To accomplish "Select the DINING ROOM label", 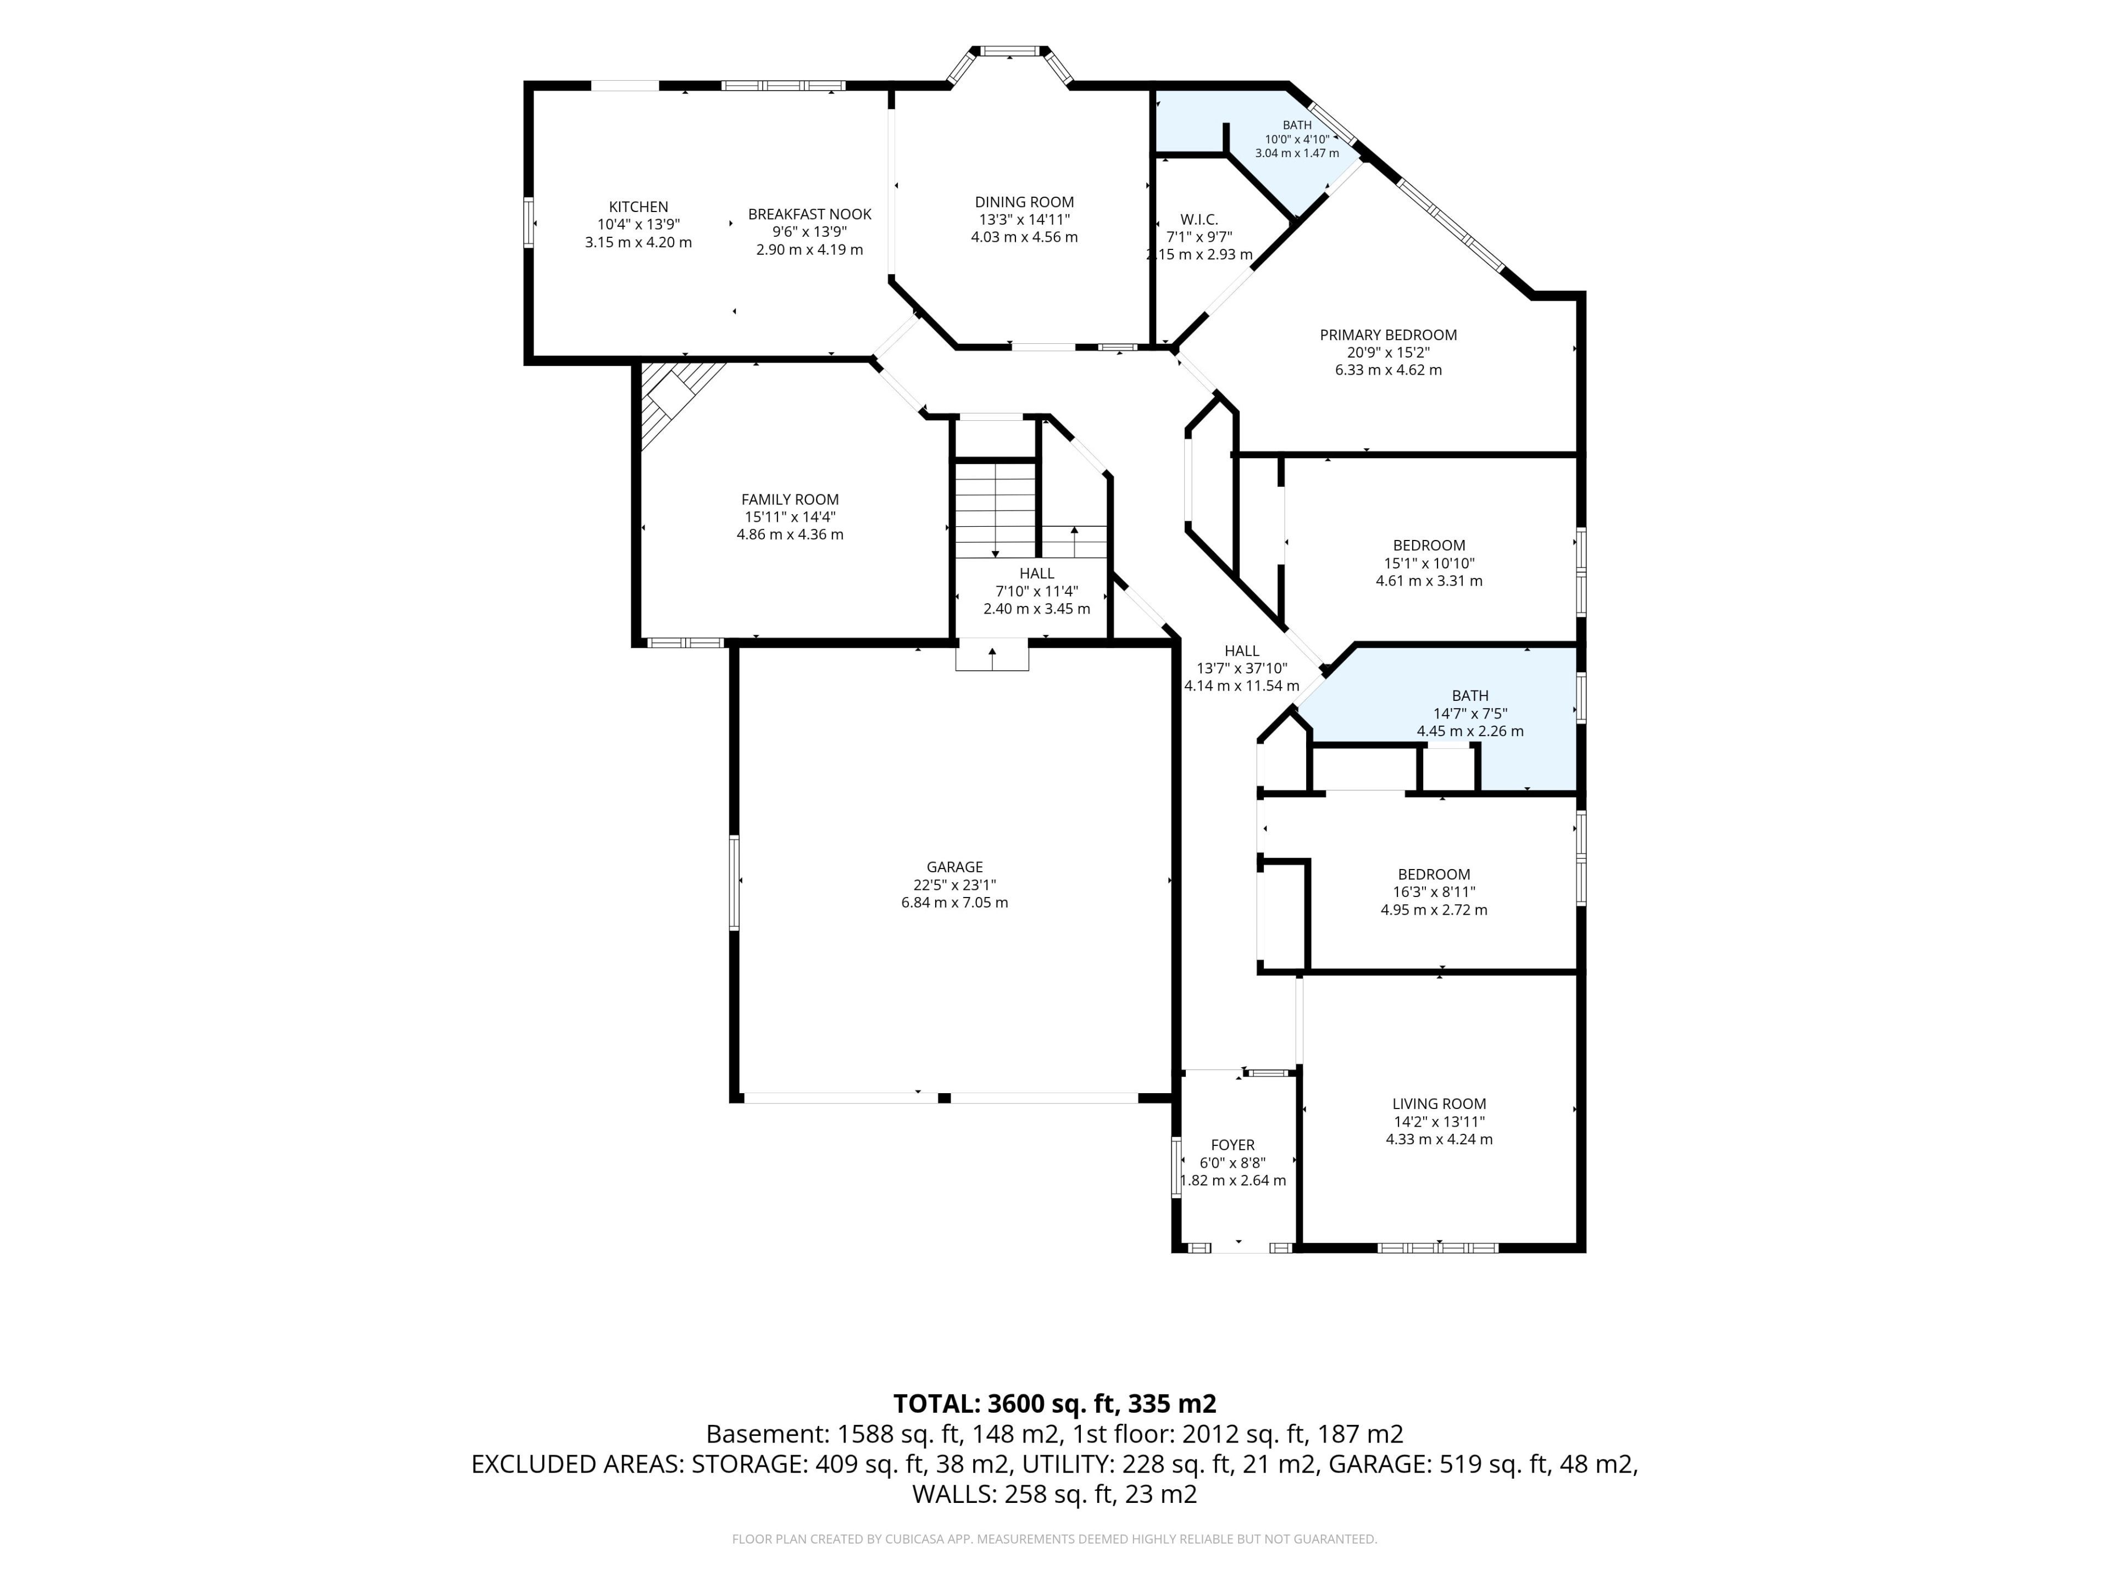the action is pos(1024,202).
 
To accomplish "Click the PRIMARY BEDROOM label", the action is pos(1388,335).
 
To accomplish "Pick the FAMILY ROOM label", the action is pos(790,500).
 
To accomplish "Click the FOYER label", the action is pos(1232,1145).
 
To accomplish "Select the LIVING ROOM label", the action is pos(1439,1104).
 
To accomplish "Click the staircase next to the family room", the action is pos(995,510).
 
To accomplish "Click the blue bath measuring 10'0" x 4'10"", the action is pos(1269,153).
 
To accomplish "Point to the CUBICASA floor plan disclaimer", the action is pos(1054,1539).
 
